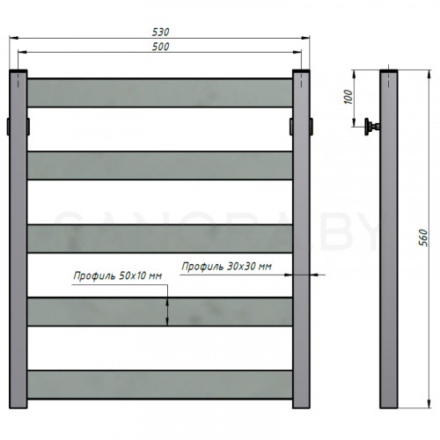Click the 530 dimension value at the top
tap(160, 32)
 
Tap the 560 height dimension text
tap(423, 238)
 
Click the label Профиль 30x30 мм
tap(225, 266)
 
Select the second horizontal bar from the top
tap(160, 165)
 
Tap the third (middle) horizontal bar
tap(160, 238)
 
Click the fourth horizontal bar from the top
tap(160, 311)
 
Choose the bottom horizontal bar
tap(160, 384)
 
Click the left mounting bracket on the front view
tap(9, 124)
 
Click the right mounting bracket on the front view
tap(312, 124)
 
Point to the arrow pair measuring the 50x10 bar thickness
tap(166, 311)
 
